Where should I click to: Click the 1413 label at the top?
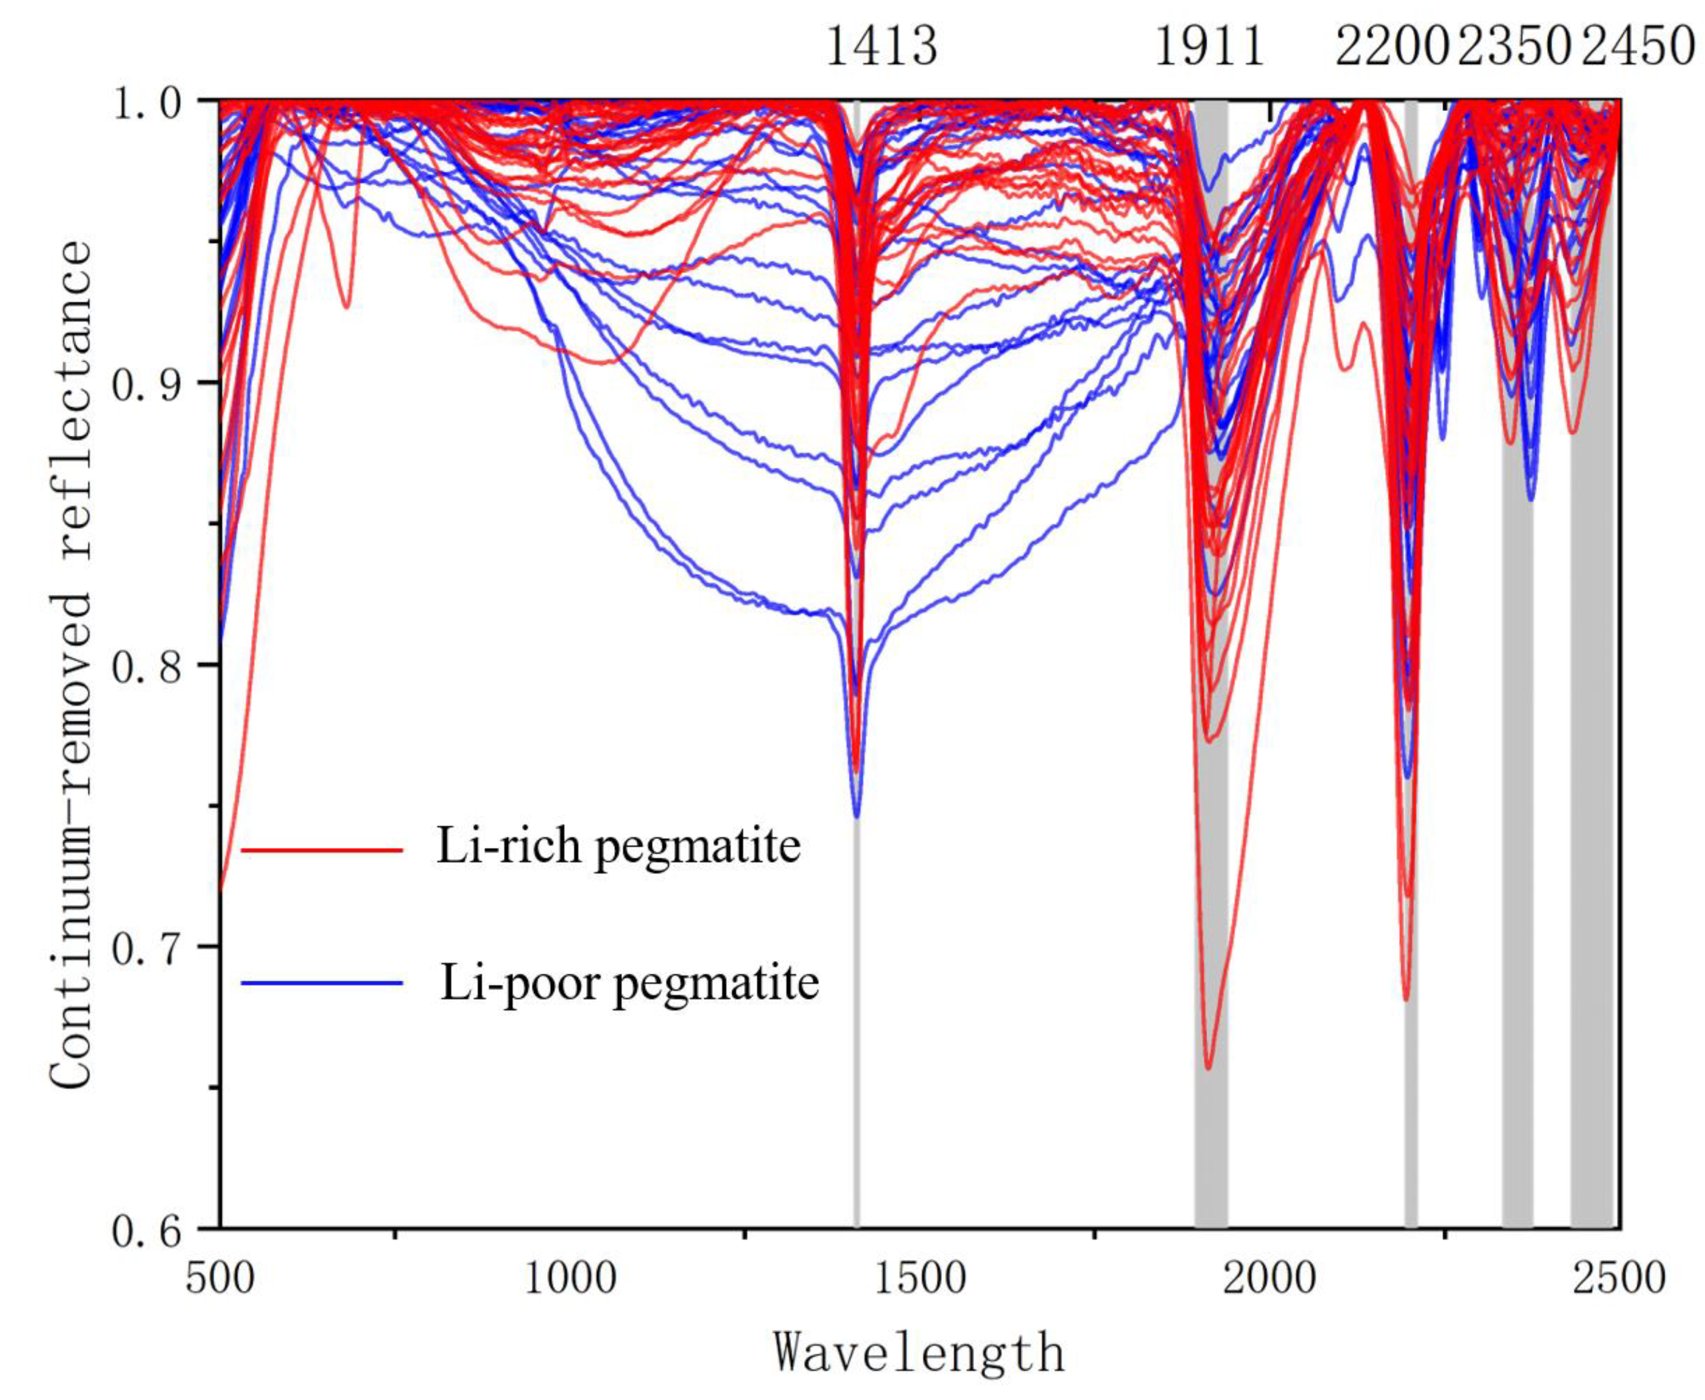(x=882, y=47)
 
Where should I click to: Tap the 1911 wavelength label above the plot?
(x=1209, y=47)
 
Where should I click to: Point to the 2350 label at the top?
(x=1515, y=47)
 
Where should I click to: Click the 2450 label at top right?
(x=1637, y=47)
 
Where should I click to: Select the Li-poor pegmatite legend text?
(x=630, y=982)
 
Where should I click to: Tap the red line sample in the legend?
(x=322, y=850)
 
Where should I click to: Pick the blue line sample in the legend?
(x=322, y=982)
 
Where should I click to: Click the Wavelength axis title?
(x=920, y=1353)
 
